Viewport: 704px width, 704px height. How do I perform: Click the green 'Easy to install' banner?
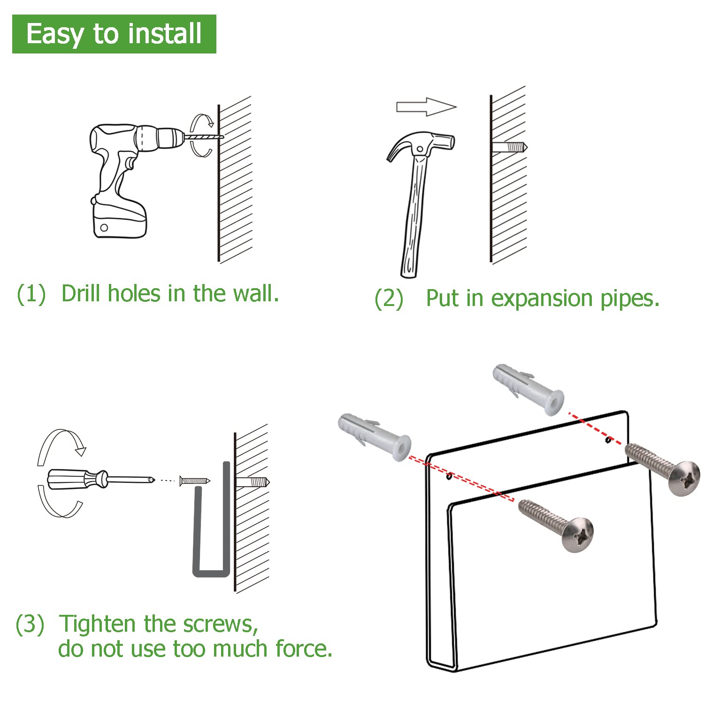[x=114, y=34]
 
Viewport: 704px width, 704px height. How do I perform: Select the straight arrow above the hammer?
[x=426, y=107]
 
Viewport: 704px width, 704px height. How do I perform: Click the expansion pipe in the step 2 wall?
[x=510, y=147]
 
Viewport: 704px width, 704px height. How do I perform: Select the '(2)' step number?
[x=389, y=298]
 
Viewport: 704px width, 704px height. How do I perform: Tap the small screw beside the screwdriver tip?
[x=195, y=480]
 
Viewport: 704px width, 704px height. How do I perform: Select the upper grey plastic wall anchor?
[x=528, y=389]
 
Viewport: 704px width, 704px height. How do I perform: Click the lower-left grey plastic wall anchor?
[x=375, y=437]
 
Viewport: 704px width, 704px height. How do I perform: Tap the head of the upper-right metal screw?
[x=684, y=478]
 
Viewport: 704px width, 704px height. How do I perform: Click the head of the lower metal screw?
[x=578, y=535]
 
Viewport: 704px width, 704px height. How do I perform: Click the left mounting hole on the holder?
[x=449, y=477]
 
